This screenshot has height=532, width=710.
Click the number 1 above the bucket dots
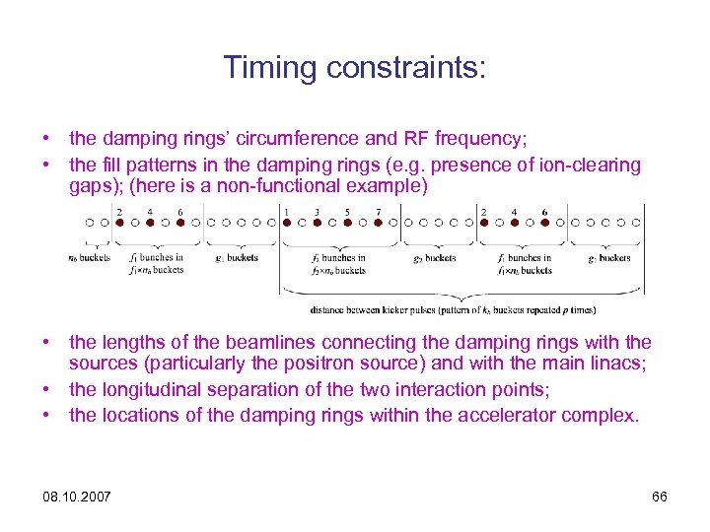coord(286,211)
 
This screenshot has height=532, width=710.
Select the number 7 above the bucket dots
coord(379,211)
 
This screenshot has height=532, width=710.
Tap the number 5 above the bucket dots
coord(348,211)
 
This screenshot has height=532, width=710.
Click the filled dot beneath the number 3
coord(318,223)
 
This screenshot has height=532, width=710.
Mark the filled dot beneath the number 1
coord(286,223)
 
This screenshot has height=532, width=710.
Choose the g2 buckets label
coord(435,258)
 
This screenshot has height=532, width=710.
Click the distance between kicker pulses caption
coord(453,309)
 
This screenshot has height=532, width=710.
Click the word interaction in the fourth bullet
coord(442,390)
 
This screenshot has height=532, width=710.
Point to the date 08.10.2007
coord(77,497)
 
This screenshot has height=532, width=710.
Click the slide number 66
coord(660,497)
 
